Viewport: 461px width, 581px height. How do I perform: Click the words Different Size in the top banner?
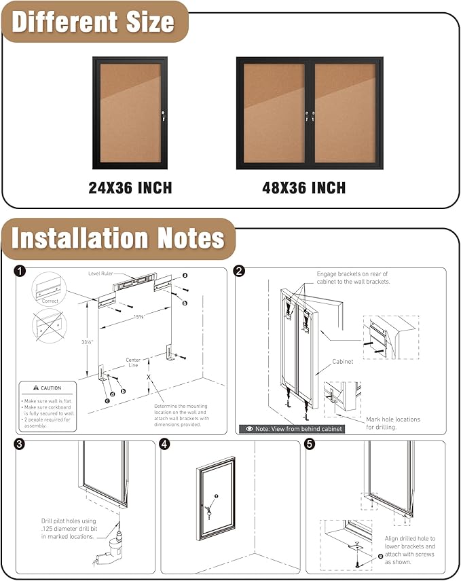pos(94,22)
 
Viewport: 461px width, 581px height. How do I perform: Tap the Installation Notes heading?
pos(118,238)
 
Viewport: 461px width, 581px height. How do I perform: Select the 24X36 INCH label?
pos(130,187)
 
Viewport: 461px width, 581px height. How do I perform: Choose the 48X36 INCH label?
pos(303,187)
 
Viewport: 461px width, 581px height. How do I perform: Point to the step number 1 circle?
pos(20,271)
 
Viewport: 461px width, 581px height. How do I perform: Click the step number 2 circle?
pos(239,271)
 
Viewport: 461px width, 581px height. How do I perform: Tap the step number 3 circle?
pos(20,445)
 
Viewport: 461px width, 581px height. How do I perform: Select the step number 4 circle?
pos(165,445)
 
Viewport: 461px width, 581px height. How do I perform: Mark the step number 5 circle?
pos(310,445)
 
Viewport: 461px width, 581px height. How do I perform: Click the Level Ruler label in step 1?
pos(101,273)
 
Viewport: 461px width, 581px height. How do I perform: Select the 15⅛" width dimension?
pos(140,317)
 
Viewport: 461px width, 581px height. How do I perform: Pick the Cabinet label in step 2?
pos(342,362)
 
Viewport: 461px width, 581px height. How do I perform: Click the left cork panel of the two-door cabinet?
pos(274,113)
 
